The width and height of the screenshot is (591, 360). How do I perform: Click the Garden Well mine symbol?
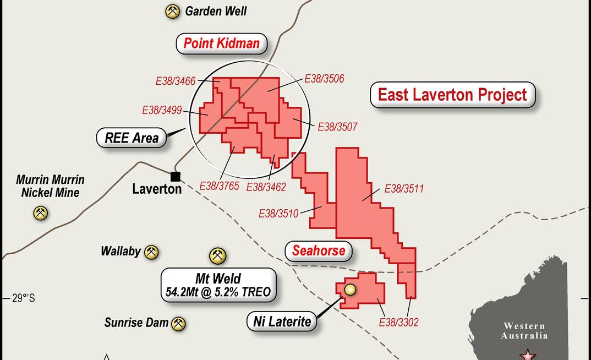tap(173, 12)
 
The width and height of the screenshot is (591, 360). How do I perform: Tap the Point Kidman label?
tap(221, 43)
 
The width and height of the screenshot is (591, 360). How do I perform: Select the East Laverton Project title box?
tap(452, 95)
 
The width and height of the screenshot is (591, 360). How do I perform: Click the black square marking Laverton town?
tap(176, 177)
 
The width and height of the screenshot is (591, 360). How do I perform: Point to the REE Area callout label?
tap(132, 138)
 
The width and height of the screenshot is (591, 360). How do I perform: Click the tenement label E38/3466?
tap(176, 81)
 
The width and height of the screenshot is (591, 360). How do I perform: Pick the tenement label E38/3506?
tap(324, 79)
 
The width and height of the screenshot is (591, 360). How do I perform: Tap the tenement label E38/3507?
tap(337, 127)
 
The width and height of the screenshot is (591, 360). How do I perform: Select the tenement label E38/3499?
tap(162, 110)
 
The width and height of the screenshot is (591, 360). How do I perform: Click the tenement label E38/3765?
tap(219, 186)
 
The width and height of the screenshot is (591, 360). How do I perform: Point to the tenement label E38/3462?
tap(266, 187)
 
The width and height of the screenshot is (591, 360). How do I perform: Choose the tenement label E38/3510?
tap(278, 214)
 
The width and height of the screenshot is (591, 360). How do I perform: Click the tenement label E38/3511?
tap(404, 189)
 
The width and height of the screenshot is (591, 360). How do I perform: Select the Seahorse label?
tap(319, 252)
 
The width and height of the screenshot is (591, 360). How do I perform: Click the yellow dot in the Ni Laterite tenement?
tap(350, 290)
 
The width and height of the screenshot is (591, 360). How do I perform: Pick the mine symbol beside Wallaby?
tap(151, 252)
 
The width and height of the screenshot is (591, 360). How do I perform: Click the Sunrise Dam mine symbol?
tap(178, 324)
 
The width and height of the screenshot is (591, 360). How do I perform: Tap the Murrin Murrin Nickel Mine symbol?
tap(40, 213)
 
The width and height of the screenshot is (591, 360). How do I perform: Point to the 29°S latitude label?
tap(23, 298)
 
